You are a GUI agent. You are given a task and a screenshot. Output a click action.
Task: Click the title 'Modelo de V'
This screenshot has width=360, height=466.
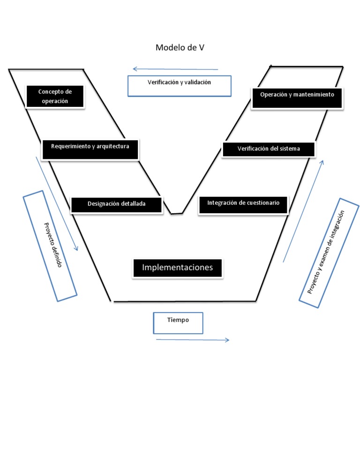180,48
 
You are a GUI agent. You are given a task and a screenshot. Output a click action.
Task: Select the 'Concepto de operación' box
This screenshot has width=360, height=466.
55,97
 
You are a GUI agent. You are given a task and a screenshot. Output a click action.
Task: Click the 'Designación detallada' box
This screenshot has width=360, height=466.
116,204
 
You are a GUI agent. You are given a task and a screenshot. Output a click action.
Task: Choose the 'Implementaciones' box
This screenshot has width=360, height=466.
177,268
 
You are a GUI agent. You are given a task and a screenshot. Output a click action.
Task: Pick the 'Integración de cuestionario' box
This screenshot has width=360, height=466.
243,204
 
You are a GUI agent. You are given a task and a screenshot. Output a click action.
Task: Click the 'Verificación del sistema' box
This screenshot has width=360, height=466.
269,149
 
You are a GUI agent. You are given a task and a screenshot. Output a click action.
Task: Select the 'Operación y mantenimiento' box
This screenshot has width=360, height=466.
297,98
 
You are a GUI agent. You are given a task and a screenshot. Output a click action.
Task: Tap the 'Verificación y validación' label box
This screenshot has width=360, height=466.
180,86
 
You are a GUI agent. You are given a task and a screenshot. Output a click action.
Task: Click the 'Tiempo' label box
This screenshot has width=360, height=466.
178,323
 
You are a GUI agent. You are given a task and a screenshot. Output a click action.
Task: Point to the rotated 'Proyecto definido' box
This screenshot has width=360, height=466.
50,246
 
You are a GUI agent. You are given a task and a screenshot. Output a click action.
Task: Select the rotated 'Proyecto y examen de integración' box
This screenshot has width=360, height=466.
330,253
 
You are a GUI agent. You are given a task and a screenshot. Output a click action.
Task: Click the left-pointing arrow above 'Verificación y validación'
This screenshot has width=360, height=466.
175,69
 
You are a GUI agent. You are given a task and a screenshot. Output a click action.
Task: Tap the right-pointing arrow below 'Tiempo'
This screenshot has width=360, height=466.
193,340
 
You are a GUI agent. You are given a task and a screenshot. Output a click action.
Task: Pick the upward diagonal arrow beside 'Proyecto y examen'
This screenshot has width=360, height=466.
303,210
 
